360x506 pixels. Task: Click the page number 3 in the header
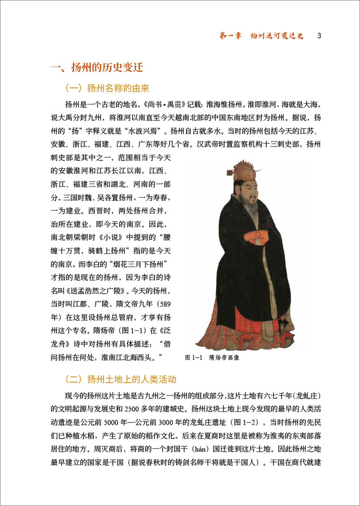click(x=320, y=36)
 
